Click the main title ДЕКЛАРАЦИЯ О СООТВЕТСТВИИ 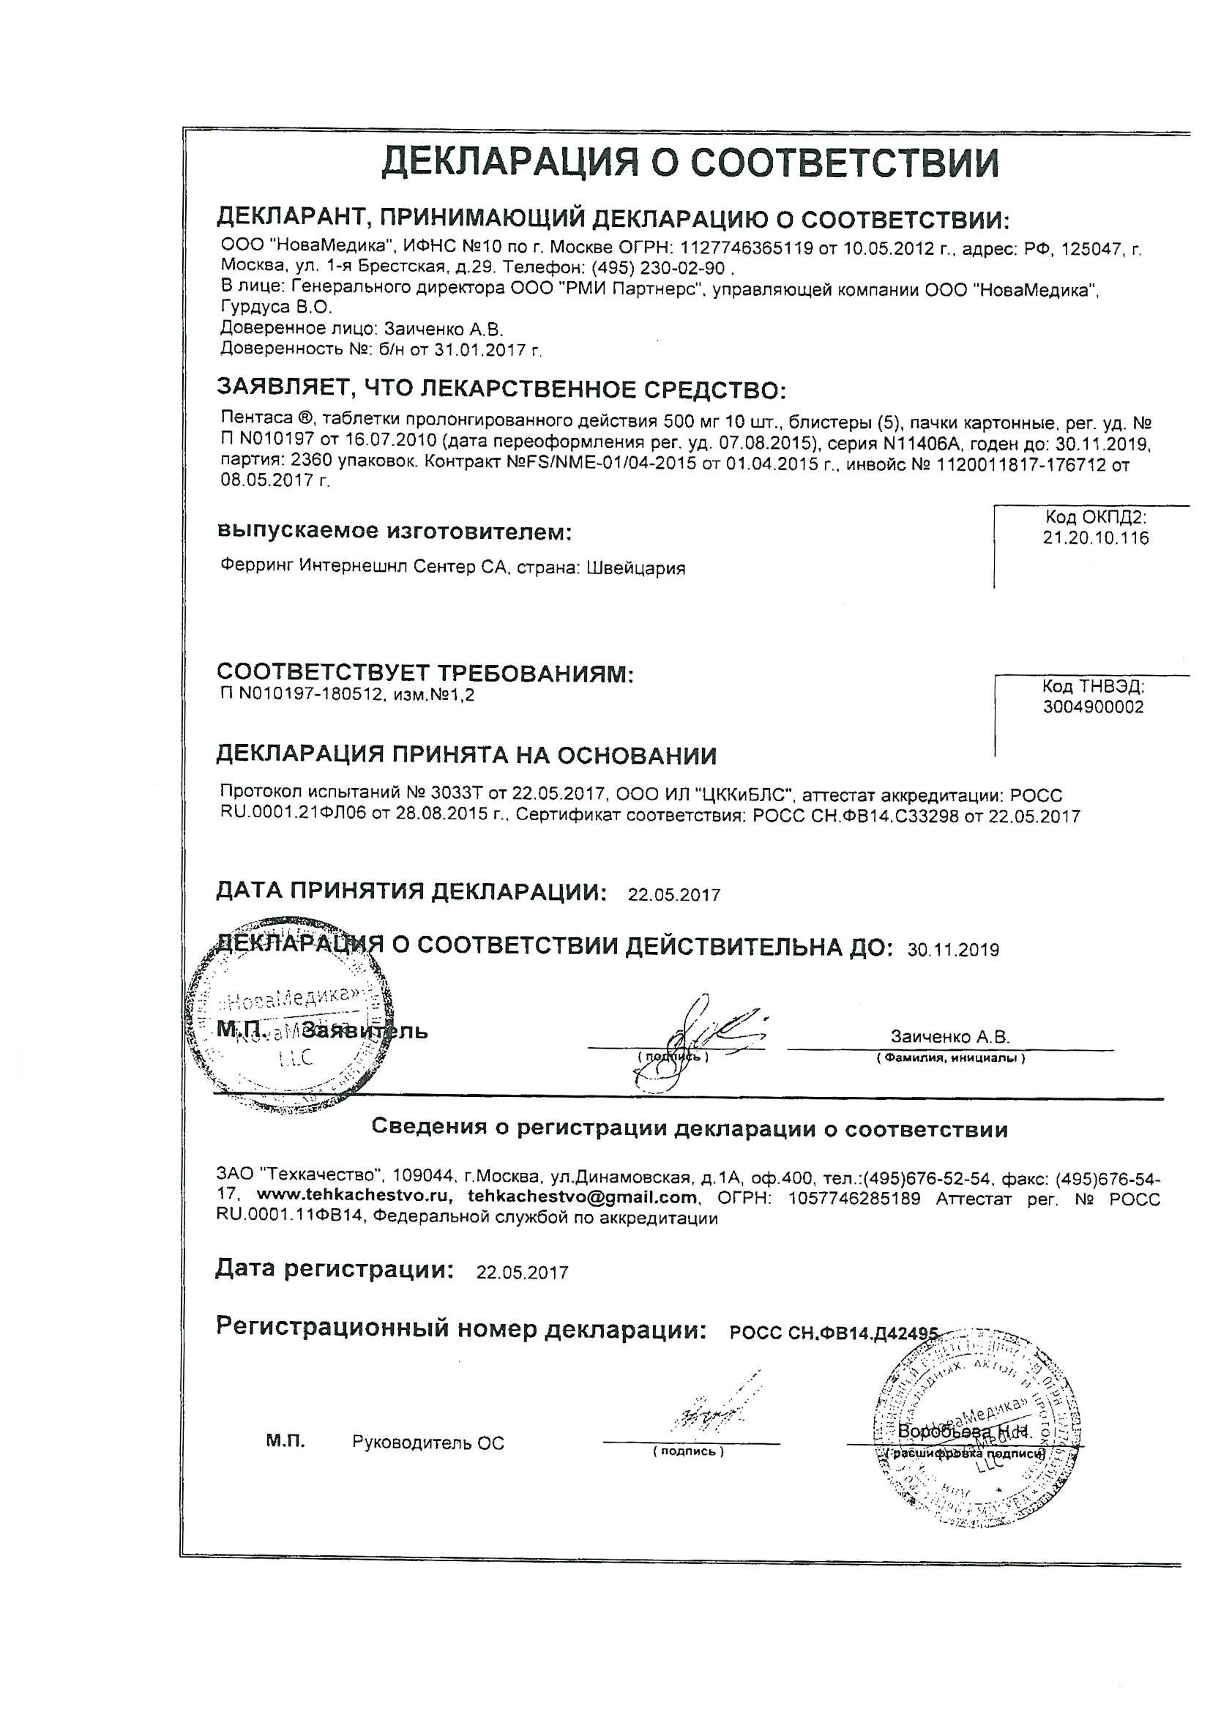coord(690,162)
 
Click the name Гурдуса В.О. coord(277,308)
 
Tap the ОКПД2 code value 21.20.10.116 coord(1096,537)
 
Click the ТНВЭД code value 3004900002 coord(1093,707)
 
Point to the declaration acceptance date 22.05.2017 coord(674,895)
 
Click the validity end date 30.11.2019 coord(954,950)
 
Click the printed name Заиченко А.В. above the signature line coord(950,1036)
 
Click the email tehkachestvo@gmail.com coord(583,1196)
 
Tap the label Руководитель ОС coord(428,1443)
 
